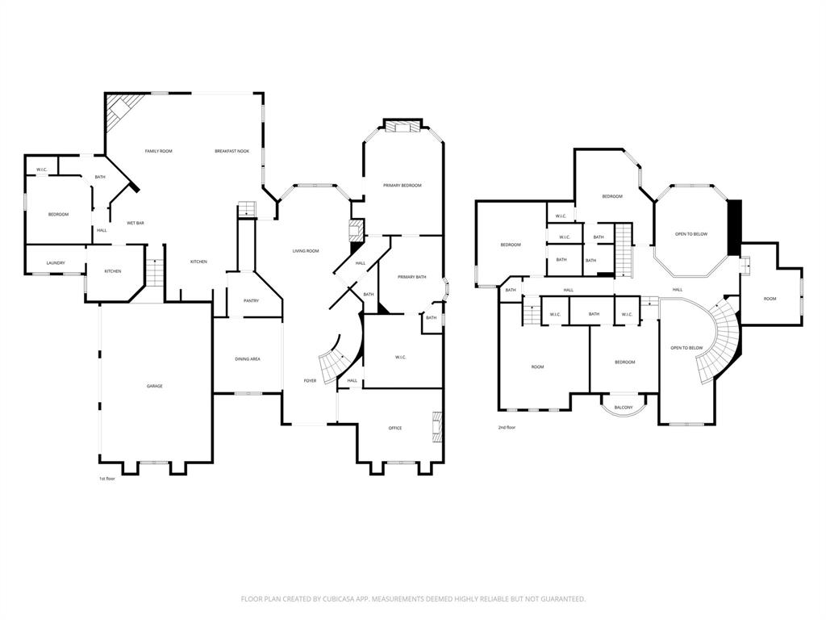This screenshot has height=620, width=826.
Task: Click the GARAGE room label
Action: tap(154, 386)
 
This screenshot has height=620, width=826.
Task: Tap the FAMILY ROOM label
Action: tap(158, 151)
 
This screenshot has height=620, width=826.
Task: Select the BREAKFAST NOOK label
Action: tap(232, 151)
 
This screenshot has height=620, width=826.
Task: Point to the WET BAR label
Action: tap(135, 223)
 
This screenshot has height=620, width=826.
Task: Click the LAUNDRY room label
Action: tap(56, 262)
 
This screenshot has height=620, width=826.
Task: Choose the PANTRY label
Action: tap(251, 300)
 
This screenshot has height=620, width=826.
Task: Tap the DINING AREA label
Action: tap(247, 358)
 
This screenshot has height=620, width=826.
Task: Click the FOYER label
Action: tap(310, 380)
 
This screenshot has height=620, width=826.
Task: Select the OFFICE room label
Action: tap(394, 428)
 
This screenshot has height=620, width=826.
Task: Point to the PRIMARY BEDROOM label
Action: tap(403, 186)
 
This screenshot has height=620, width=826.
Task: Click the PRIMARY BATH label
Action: tap(411, 277)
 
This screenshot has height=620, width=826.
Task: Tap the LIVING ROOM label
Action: tap(305, 251)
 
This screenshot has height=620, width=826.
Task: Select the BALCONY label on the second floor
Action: tap(624, 407)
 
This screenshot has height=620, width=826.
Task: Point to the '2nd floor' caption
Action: tap(507, 427)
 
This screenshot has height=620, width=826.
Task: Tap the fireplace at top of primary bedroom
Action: tap(401, 125)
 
